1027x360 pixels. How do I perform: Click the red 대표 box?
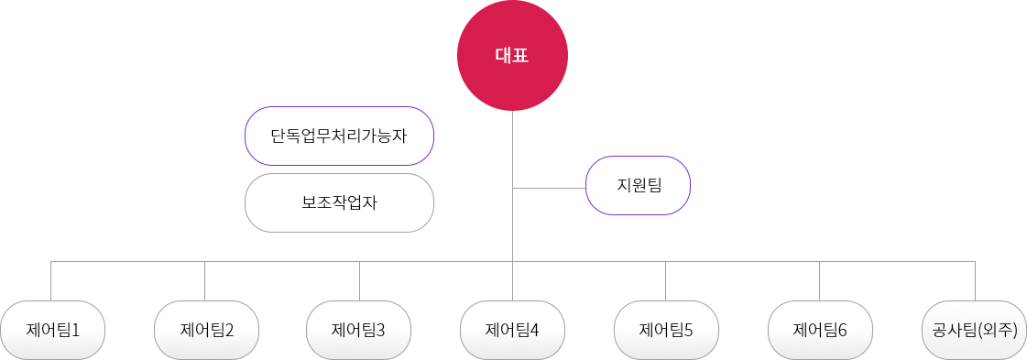point(512,55)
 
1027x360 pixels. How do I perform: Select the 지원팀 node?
point(638,185)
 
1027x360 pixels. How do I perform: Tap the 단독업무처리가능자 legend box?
point(339,136)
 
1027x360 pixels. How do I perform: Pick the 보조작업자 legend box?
point(339,202)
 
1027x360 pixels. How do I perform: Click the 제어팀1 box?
point(52,329)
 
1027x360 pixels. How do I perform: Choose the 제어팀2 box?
point(206,329)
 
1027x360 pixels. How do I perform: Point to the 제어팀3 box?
point(358,329)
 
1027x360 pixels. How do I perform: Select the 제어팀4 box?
point(512,329)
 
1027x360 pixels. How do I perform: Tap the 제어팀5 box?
point(666,329)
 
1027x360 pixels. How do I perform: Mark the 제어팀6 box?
point(820,329)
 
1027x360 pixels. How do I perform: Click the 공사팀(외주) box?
point(974,329)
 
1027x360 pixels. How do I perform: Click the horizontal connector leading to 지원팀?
point(550,188)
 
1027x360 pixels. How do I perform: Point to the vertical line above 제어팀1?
point(51,280)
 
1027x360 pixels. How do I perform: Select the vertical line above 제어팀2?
point(204,280)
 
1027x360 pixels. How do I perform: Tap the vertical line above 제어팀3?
point(358,280)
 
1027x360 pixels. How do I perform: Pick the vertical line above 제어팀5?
point(666,280)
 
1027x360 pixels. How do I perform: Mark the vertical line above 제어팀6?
point(819,280)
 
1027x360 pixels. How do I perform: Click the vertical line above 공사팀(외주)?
point(974,280)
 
